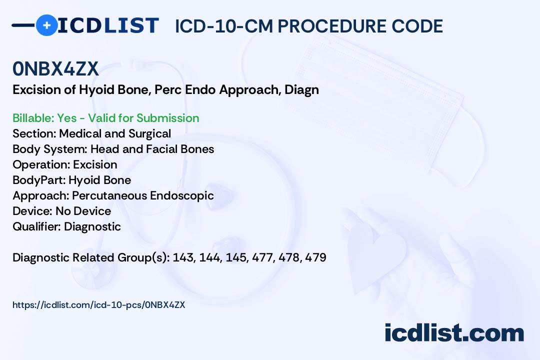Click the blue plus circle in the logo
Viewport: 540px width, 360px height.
click(x=47, y=25)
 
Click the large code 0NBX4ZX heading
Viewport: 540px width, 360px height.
click(x=55, y=68)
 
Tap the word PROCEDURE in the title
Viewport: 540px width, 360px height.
click(x=331, y=26)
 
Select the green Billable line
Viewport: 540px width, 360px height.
click(x=105, y=118)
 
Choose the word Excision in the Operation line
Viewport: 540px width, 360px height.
click(x=95, y=164)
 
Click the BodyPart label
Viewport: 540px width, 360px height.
click(x=39, y=180)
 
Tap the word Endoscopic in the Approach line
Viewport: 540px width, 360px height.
click(x=182, y=195)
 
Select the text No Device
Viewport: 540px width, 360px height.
click(x=83, y=211)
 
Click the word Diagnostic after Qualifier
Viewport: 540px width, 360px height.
click(x=92, y=226)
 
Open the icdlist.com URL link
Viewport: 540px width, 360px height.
click(x=99, y=305)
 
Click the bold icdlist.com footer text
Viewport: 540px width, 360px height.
click(x=454, y=333)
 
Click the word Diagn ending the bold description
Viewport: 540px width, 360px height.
click(x=301, y=90)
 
